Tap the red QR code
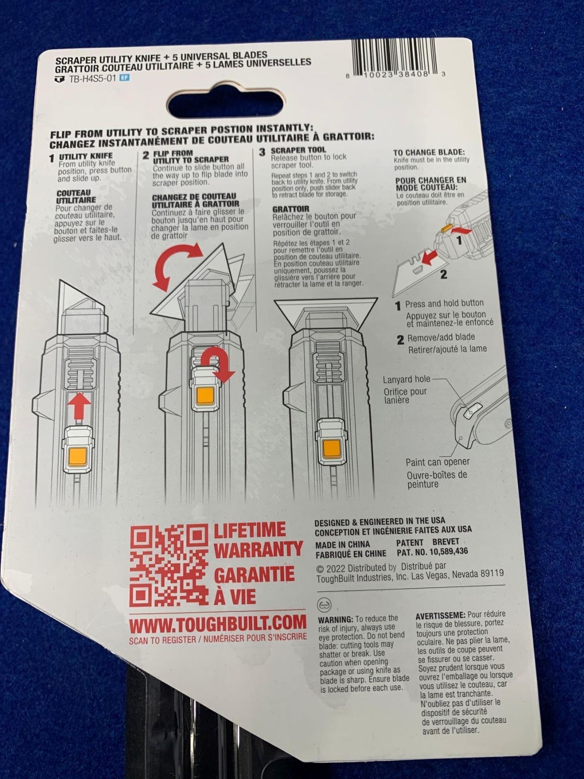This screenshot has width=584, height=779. (170, 566)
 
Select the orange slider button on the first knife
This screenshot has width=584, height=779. (78, 456)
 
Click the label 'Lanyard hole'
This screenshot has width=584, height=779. (407, 380)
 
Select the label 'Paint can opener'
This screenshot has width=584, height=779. (437, 462)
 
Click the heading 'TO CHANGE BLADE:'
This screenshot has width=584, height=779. (429, 152)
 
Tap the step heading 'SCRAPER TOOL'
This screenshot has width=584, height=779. (298, 150)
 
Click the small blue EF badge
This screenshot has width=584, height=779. (124, 78)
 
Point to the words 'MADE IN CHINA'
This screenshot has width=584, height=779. (343, 544)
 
